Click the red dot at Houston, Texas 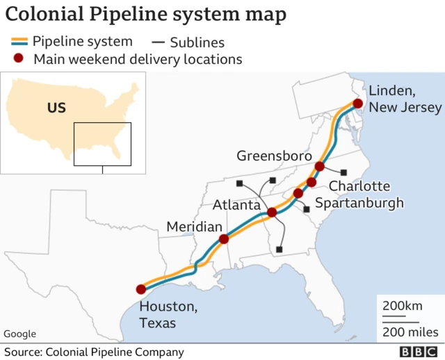tap(141, 290)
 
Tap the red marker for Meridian tap(224, 239)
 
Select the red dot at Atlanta tap(272, 213)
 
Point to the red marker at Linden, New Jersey tap(357, 104)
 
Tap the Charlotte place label tap(359, 186)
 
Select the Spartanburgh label tap(359, 203)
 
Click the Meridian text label tap(194, 227)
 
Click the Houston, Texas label tap(168, 315)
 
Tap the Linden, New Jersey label tap(404, 99)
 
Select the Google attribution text tap(19, 334)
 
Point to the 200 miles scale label tap(410, 331)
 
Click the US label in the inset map tap(56, 108)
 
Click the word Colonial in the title tap(42, 15)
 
